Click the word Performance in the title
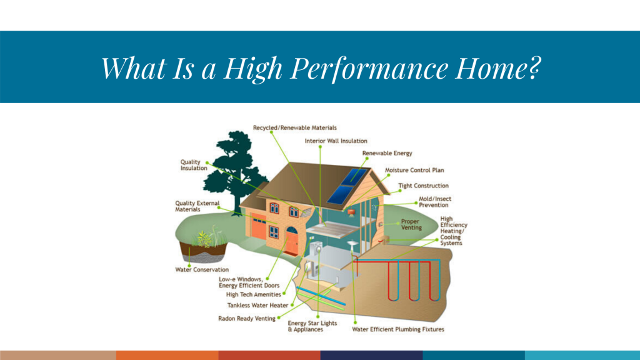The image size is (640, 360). (x=369, y=68)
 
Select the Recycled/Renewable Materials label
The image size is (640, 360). (x=295, y=127)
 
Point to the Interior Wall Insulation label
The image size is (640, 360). (x=336, y=141)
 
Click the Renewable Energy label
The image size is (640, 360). (x=387, y=153)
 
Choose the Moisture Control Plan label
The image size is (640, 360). (x=414, y=170)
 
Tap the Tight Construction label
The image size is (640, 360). (x=423, y=186)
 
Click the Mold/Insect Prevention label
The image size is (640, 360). (x=435, y=202)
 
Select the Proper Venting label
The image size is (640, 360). (x=411, y=224)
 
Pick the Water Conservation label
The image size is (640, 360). (x=202, y=270)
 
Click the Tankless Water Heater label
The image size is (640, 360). (x=257, y=305)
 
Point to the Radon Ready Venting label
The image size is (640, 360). (x=246, y=318)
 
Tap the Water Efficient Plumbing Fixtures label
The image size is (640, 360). (x=398, y=329)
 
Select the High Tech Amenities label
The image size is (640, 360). (x=254, y=294)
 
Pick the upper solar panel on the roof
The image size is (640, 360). (x=354, y=176)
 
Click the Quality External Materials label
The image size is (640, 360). (x=197, y=206)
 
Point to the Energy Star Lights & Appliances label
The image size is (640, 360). (x=312, y=326)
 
